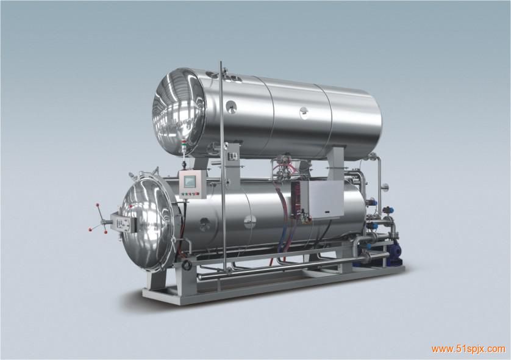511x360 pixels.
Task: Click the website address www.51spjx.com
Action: (x=468, y=349)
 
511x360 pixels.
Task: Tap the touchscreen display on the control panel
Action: (x=190, y=181)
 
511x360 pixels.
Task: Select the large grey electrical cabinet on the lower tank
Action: (x=321, y=200)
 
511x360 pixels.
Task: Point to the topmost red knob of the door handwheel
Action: (x=97, y=205)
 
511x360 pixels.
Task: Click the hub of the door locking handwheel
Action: (x=104, y=222)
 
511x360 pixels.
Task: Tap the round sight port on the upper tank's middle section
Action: (x=304, y=112)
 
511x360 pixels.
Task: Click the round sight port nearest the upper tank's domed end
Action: (x=231, y=106)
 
